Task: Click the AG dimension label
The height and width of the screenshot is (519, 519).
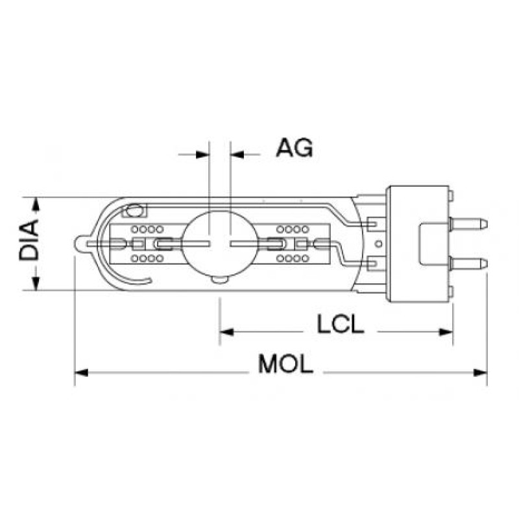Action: [295, 148]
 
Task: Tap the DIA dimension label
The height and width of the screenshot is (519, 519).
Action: [29, 240]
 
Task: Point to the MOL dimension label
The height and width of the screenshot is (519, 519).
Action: [285, 364]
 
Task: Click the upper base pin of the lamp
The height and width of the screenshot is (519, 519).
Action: [469, 224]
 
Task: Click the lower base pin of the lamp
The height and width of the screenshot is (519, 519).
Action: [469, 263]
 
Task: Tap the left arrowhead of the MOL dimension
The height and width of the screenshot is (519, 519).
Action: [82, 372]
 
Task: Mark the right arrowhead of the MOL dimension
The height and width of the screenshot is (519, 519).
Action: [480, 372]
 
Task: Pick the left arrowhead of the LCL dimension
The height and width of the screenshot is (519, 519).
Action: [226, 332]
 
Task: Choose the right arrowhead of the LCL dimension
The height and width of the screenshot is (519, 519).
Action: [446, 332]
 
